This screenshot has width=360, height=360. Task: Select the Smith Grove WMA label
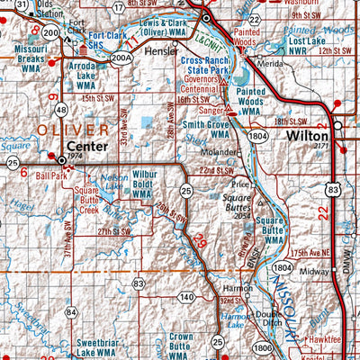point(208,130)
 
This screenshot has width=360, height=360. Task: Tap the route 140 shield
point(185,296)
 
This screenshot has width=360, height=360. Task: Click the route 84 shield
point(71,312)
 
